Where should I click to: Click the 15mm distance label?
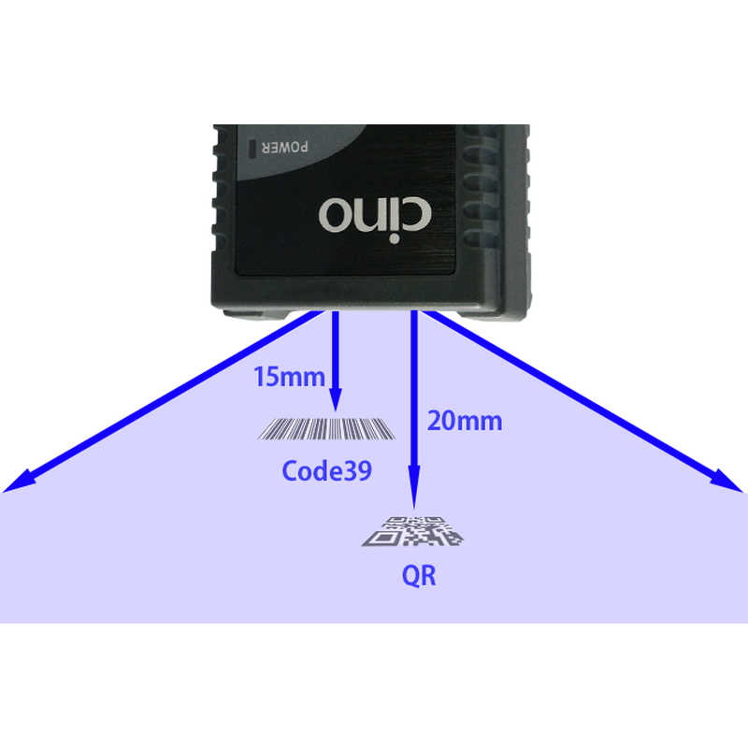point(289,378)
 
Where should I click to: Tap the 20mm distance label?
point(464,421)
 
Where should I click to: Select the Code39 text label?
point(326,470)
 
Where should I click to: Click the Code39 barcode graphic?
point(326,429)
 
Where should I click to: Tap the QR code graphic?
point(412,531)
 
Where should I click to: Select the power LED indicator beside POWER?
point(253,148)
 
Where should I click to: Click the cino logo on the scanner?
point(374,214)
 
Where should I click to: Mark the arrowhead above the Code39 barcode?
point(336,402)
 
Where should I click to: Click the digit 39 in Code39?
point(358,470)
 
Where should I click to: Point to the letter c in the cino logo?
point(416,215)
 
